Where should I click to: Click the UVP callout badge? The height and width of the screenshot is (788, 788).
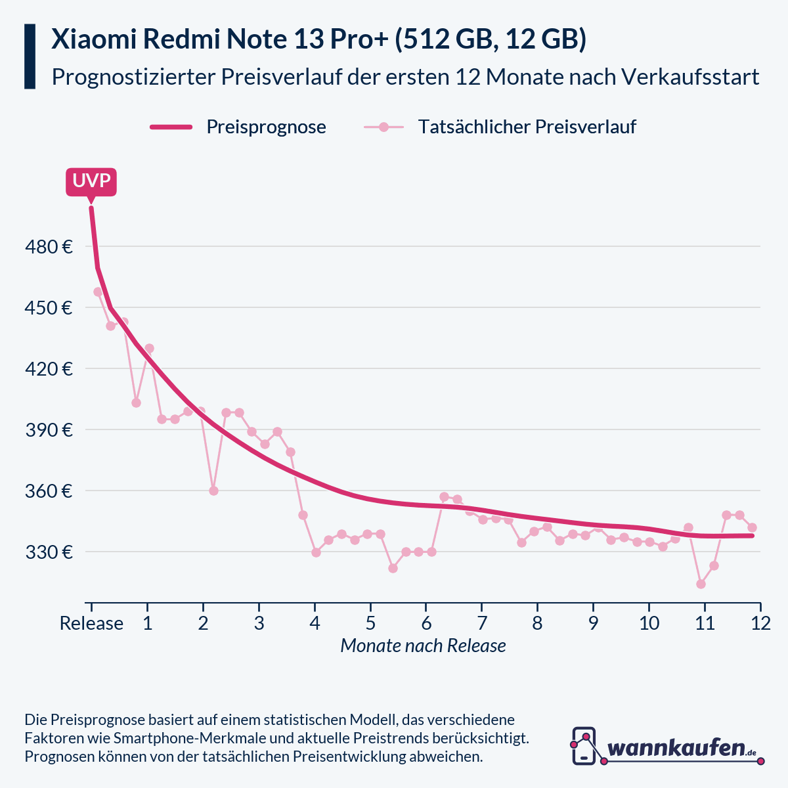91,181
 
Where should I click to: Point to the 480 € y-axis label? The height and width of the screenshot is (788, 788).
48,247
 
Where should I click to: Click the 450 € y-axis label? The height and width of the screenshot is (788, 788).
48,308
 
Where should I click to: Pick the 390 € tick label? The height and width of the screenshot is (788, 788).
48,430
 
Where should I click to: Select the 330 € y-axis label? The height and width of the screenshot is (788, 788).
48,552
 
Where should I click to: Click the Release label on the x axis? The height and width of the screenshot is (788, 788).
91,623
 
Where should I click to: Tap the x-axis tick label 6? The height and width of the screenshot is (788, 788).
426,623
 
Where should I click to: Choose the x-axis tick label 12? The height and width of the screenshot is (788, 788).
760,623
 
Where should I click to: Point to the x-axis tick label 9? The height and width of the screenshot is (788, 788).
593,623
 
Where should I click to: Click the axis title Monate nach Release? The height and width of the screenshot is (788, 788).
423,646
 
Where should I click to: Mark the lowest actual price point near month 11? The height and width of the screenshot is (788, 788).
701,584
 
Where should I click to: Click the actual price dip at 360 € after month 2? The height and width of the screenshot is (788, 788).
213,491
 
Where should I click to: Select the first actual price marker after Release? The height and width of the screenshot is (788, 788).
98,292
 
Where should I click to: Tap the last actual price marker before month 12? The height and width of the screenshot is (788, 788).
753,527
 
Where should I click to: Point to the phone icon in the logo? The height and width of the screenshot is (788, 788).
584,746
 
